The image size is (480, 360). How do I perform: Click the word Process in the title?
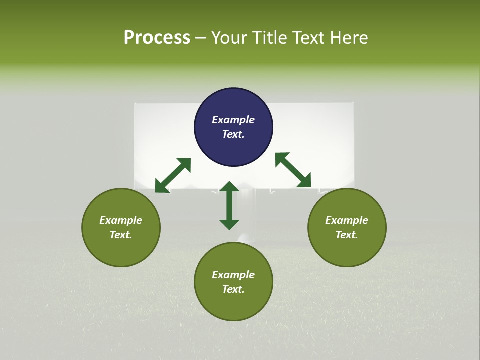pos(157,38)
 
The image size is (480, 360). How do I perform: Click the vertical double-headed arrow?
pos(229,205)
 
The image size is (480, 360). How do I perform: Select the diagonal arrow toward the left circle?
pos(173,175)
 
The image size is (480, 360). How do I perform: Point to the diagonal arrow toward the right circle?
pos(293,170)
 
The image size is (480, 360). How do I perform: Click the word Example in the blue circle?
pos(233,120)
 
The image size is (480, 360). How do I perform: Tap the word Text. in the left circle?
pos(121,235)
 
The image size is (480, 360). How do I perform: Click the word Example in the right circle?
pos(347,220)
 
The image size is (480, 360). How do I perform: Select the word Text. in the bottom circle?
pos(233,289)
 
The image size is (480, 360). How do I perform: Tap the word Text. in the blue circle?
pos(233,134)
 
